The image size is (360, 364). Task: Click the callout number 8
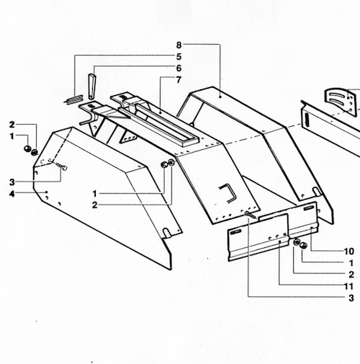coord(179,45)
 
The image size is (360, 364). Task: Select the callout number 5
coord(179,56)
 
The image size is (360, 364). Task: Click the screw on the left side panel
coord(63,167)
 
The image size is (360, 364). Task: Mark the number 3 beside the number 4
coord(12,181)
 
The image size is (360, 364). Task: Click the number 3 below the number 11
coord(350,297)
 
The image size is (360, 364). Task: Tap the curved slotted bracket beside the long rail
coord(341,99)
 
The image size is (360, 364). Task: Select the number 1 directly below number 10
coord(350,262)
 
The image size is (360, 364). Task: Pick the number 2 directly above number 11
coord(350,274)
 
